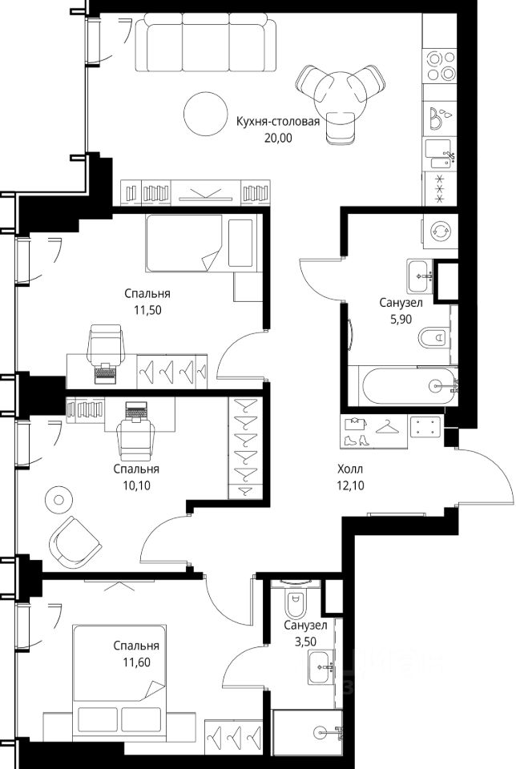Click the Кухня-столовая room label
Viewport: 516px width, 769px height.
pyautogui.click(x=277, y=122)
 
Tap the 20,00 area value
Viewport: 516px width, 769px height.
pyautogui.click(x=278, y=139)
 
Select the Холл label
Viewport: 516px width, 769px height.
pyautogui.click(x=350, y=469)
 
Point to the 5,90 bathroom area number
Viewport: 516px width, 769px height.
pyautogui.click(x=401, y=320)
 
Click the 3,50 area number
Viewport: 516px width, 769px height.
pyautogui.click(x=305, y=642)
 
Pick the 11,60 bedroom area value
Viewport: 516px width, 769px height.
pyautogui.click(x=136, y=662)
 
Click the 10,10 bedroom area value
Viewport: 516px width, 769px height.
pyautogui.click(x=136, y=485)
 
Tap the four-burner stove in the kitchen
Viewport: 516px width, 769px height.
pyautogui.click(x=441, y=66)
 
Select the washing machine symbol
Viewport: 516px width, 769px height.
pyautogui.click(x=441, y=231)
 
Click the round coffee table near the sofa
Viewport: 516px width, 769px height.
pyautogui.click(x=205, y=114)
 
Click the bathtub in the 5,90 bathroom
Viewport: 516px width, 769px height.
pyautogui.click(x=408, y=386)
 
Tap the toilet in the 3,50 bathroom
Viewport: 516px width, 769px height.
pyautogui.click(x=295, y=601)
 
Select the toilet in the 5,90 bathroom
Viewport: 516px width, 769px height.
pyautogui.click(x=434, y=337)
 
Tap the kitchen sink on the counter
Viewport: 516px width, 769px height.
pyautogui.click(x=438, y=154)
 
